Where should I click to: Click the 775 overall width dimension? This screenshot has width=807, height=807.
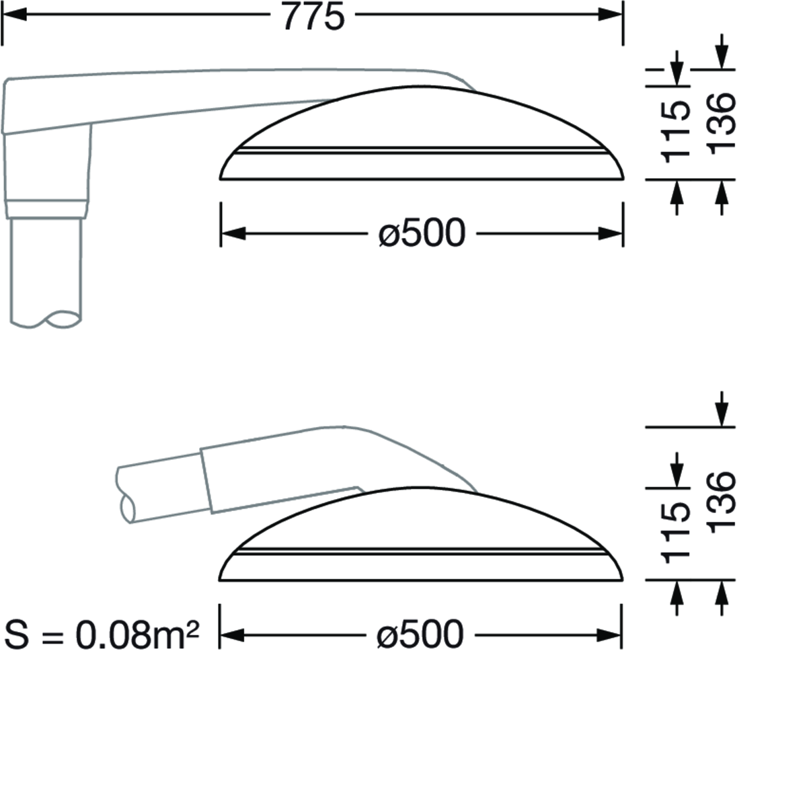pyautogui.click(x=313, y=17)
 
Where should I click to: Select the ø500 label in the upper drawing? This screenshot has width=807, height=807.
pyautogui.click(x=422, y=233)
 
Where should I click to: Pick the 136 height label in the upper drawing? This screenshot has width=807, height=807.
pyautogui.click(x=721, y=123)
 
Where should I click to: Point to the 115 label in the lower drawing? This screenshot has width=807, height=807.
pyautogui.click(x=675, y=533)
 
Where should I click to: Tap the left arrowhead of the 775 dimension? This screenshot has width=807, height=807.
pyautogui.click(x=14, y=14)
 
